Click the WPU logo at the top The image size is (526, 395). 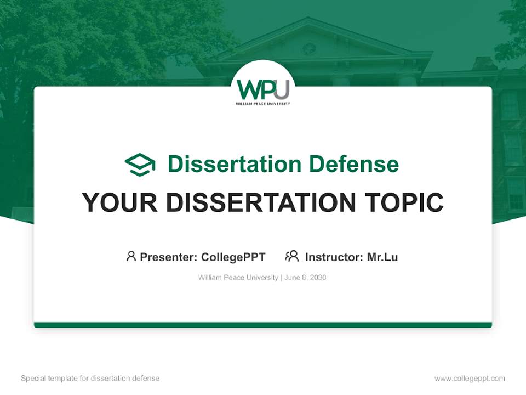click(x=263, y=89)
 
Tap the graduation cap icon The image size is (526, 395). click(x=140, y=164)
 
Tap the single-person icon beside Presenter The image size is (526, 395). click(x=131, y=256)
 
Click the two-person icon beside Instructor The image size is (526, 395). click(x=291, y=256)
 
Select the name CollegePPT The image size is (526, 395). click(x=233, y=257)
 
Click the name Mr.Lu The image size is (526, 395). click(x=382, y=257)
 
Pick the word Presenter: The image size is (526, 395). click(x=169, y=257)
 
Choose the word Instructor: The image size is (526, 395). click(x=334, y=257)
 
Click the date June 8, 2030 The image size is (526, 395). click(x=305, y=278)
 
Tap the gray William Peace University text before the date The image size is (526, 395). click(x=238, y=278)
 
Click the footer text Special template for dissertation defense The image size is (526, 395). click(x=90, y=379)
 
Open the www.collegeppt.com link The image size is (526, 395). click(x=470, y=379)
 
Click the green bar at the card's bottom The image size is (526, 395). click(x=263, y=325)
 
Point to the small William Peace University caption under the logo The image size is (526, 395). click(x=263, y=103)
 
